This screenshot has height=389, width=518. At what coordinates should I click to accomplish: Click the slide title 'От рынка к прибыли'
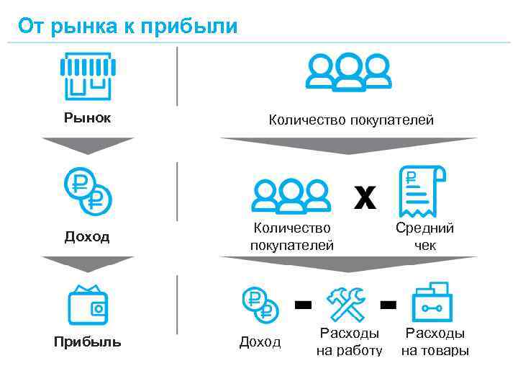pos(127,27)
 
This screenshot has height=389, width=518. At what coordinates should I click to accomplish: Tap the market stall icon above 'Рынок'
pos(86,76)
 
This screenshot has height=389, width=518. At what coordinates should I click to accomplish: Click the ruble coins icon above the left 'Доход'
pos(87,189)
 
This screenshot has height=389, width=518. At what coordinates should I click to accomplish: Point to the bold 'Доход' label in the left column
pos(87,236)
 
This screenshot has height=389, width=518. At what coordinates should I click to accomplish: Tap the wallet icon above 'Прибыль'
pos(88,305)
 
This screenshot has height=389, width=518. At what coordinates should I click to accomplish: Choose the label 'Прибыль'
pos(87,341)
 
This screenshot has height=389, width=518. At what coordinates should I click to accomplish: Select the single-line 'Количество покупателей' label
pos(351,120)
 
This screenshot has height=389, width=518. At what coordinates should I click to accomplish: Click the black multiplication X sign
pos(365,196)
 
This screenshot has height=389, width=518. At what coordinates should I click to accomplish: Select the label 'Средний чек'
pos(424,236)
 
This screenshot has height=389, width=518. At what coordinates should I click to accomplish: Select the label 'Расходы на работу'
pos(349,341)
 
